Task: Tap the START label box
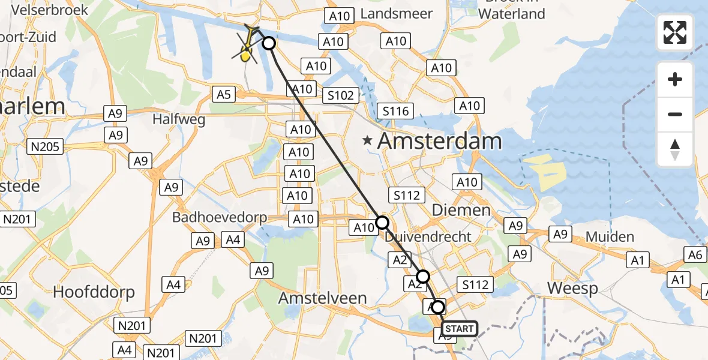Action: [460, 329]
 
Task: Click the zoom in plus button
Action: [675, 79]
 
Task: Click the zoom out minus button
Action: [675, 114]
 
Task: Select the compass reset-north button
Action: [675, 149]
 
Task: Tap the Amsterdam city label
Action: [439, 142]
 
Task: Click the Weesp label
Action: [572, 289]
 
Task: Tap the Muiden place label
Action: [610, 237]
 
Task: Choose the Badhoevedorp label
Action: [219, 217]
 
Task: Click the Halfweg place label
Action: [179, 119]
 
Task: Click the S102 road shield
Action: [341, 95]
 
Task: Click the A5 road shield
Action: [224, 94]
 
